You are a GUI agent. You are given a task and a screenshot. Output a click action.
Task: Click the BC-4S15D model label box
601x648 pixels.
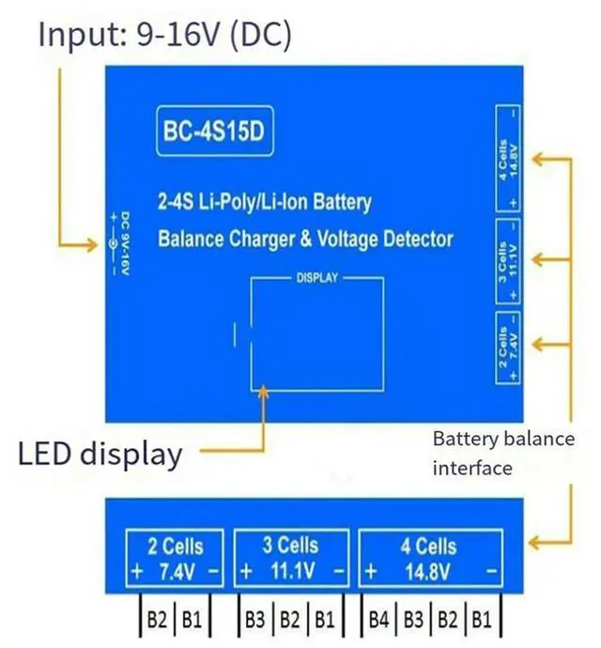point(215,136)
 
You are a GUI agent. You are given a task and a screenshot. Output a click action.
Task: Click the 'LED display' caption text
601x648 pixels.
point(100,454)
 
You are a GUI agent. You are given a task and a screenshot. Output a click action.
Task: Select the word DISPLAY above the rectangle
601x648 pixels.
point(316,279)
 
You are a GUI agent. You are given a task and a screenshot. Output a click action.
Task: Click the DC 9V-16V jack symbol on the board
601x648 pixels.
point(114,244)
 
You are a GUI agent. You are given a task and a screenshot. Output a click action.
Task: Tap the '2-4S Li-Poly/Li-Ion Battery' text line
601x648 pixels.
point(264,202)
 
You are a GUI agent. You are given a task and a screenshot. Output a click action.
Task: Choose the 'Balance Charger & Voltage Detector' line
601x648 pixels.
point(305,238)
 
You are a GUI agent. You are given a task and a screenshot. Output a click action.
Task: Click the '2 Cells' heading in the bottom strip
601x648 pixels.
point(176,546)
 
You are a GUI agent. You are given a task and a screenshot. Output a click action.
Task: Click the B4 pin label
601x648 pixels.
point(379,620)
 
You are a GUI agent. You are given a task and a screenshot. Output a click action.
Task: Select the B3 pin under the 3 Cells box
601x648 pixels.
point(254,620)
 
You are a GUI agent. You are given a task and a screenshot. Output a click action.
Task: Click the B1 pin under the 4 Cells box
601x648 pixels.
point(481,620)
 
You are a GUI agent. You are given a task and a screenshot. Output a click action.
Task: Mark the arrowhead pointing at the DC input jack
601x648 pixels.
point(92,246)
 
